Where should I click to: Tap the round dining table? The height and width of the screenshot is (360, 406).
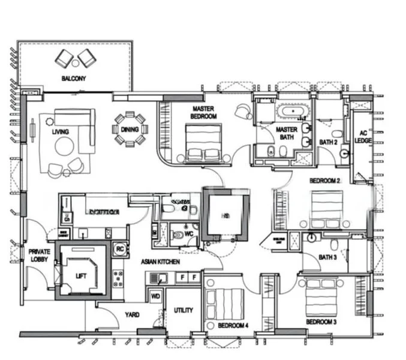point(130,129)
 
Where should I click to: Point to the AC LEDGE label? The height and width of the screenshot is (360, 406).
point(363,137)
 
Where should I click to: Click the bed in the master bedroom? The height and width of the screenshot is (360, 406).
point(203,143)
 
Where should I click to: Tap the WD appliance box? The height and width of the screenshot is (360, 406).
point(155,296)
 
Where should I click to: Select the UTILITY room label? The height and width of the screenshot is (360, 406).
point(183,310)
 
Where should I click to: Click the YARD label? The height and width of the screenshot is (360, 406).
point(132,314)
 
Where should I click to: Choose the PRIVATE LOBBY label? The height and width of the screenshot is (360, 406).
point(39,255)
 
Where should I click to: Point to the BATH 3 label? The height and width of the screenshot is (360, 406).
point(327,257)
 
